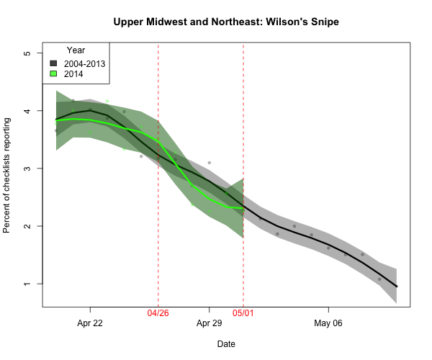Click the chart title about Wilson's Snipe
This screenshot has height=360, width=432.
click(226, 22)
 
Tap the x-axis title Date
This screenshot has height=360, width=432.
click(226, 344)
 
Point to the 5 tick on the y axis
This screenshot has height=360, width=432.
click(27, 53)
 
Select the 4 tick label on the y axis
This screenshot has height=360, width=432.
click(27, 111)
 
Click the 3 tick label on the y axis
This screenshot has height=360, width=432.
click(27, 168)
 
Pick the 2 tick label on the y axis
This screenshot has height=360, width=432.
click(27, 226)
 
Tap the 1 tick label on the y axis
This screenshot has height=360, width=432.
click(27, 284)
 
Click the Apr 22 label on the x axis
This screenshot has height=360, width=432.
click(90, 323)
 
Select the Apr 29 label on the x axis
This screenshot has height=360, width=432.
click(209, 323)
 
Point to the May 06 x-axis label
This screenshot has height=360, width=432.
click(328, 323)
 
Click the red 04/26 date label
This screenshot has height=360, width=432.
click(158, 314)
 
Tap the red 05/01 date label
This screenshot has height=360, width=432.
click(243, 314)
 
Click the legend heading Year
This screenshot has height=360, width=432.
click(76, 50)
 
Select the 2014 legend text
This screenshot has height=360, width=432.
click(73, 73)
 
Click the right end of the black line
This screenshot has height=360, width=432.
click(397, 287)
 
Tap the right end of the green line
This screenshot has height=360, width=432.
click(243, 208)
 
